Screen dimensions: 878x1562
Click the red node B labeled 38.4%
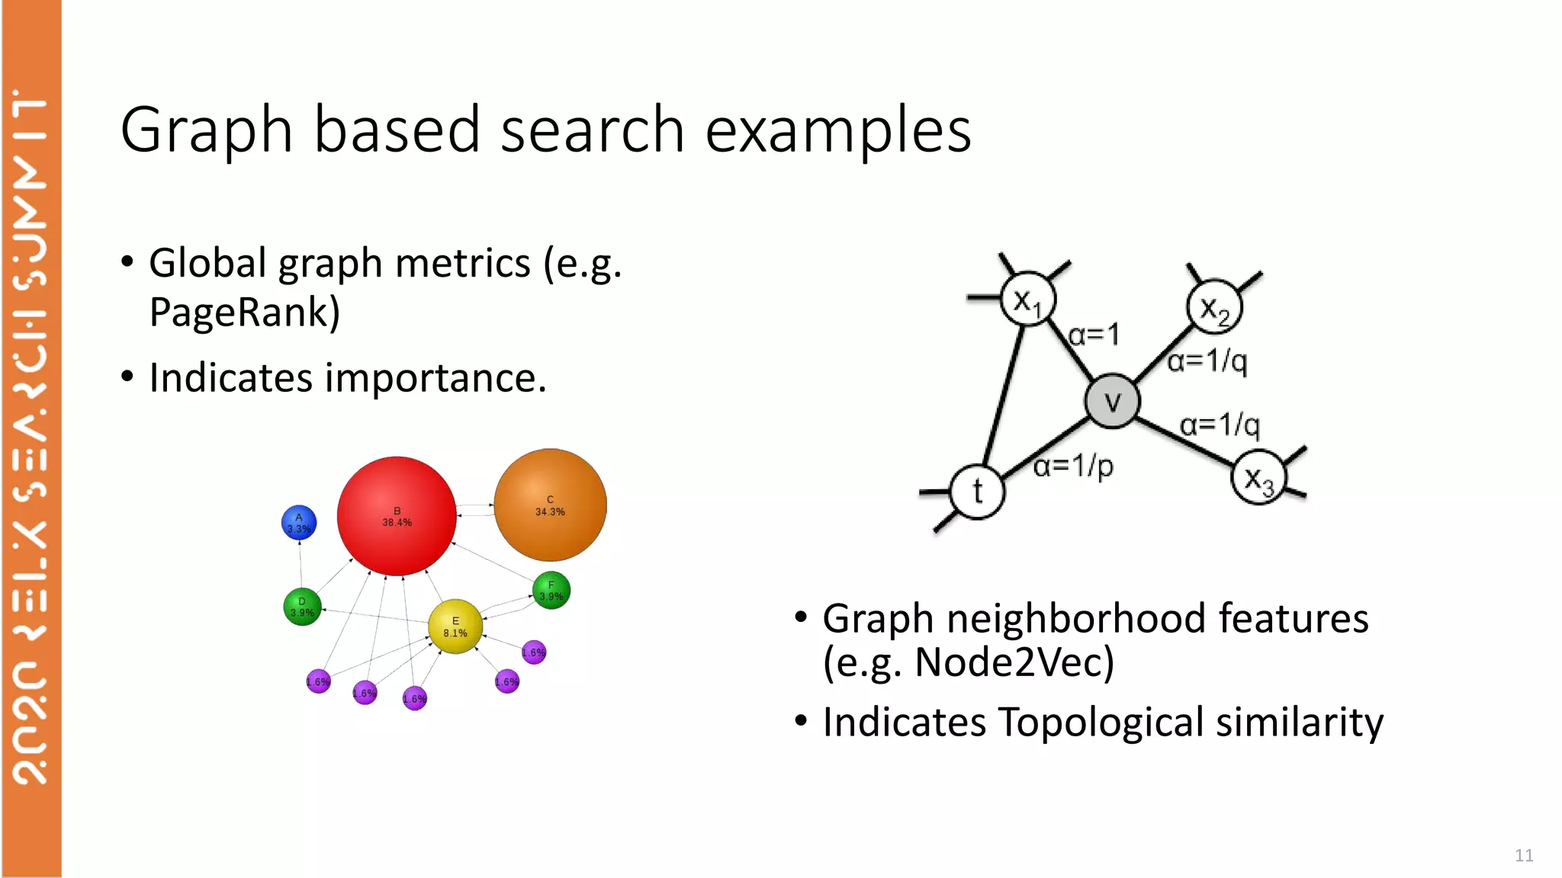397,516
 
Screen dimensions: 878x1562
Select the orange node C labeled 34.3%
550,505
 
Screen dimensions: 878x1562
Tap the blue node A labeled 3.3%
299,523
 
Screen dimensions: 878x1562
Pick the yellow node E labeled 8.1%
455,626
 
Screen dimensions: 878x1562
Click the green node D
302,607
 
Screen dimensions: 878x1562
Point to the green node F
551,591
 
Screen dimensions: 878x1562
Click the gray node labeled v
1112,401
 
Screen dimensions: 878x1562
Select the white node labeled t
978,492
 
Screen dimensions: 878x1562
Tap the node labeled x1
1027,299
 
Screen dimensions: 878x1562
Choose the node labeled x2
1214,307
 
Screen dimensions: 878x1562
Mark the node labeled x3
1258,478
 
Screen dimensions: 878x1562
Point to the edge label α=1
1094,334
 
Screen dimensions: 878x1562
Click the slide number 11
1524,855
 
